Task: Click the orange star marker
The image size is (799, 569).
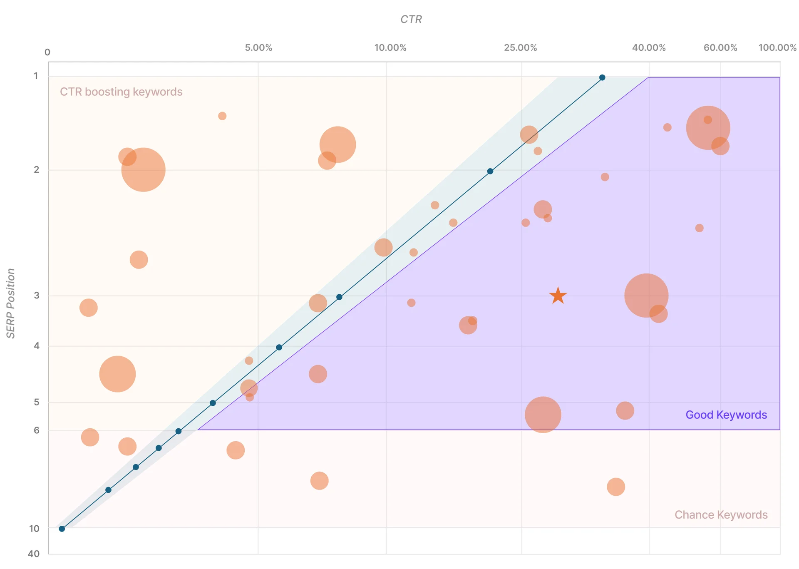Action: pyautogui.click(x=558, y=296)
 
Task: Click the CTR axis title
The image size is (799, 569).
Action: pyautogui.click(x=411, y=20)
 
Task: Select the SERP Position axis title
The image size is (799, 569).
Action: pyautogui.click(x=11, y=303)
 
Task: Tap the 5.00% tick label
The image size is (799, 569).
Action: pyautogui.click(x=258, y=48)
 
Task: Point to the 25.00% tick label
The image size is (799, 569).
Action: pyautogui.click(x=520, y=48)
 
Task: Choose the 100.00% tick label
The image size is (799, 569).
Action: pyautogui.click(x=777, y=48)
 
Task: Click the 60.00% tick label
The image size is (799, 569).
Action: pyautogui.click(x=720, y=48)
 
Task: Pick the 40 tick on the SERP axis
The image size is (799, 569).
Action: pyautogui.click(x=34, y=554)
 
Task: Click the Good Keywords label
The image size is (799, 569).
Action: pyautogui.click(x=726, y=415)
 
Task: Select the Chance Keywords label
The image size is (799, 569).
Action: pyautogui.click(x=721, y=515)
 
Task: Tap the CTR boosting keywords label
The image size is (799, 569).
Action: pyautogui.click(x=121, y=92)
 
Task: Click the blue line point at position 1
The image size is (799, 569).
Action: pyautogui.click(x=602, y=77)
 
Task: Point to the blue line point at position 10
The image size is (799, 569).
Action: pyautogui.click(x=62, y=529)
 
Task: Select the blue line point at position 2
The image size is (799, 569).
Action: pyautogui.click(x=490, y=171)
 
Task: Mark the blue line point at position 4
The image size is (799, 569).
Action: pyautogui.click(x=279, y=347)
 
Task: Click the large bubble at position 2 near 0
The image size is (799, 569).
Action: pyautogui.click(x=143, y=169)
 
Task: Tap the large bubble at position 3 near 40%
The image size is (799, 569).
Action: pyautogui.click(x=646, y=296)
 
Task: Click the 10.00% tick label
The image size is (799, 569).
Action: pyautogui.click(x=390, y=48)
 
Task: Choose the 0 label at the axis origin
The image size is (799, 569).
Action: pyautogui.click(x=47, y=52)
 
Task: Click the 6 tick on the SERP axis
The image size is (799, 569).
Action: pyautogui.click(x=37, y=430)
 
